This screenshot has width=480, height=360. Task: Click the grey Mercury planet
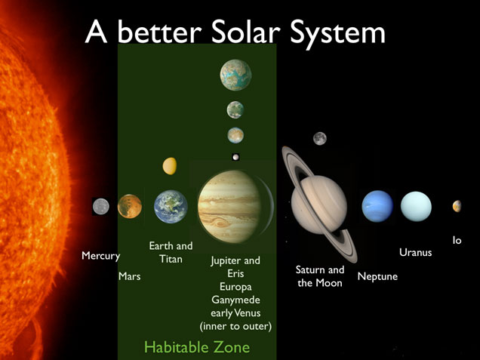100,206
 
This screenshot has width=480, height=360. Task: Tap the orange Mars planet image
130,206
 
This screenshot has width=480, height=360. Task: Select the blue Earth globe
171,207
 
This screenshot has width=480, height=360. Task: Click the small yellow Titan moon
170,165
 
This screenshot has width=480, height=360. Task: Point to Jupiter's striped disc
229,204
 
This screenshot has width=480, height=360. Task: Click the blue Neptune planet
377,206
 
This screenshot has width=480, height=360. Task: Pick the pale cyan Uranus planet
416,206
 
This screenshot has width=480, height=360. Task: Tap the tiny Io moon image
457,206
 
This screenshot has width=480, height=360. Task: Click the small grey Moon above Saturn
320,138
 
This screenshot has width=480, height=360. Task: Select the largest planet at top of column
235,74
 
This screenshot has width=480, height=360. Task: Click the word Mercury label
100,257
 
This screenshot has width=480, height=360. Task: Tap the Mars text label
129,277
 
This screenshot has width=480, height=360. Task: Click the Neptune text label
377,277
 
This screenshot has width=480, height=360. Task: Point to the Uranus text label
416,253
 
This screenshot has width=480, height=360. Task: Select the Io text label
457,240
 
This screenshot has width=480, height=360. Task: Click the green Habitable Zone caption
196,348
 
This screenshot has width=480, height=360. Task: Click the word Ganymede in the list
235,300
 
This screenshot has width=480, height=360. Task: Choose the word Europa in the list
235,287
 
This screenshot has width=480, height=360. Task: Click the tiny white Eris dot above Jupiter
236,157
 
